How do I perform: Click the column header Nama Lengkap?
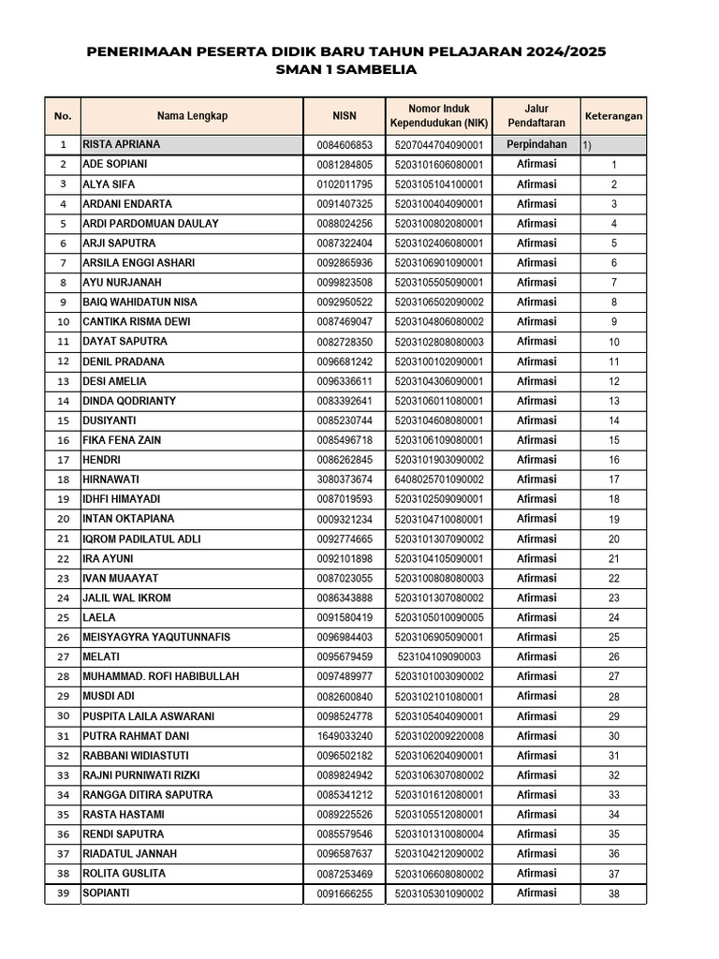[x=192, y=116]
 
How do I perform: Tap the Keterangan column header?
[x=613, y=116]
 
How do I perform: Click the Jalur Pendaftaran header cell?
[x=536, y=116]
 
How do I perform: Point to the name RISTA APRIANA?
[x=122, y=145]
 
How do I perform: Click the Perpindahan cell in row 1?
[x=536, y=145]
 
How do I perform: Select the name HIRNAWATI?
[x=112, y=479]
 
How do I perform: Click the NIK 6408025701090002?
[x=439, y=479]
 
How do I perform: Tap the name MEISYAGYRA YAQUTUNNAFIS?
[x=156, y=638]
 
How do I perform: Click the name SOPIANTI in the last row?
[x=107, y=893]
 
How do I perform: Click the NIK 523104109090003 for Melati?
[x=439, y=657]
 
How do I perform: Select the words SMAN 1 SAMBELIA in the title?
[x=346, y=70]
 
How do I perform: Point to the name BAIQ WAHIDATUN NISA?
[x=141, y=302]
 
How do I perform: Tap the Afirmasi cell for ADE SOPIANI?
[x=536, y=164]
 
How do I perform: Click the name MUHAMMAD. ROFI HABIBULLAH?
[x=161, y=677]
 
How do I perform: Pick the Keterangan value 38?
[x=614, y=894]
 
